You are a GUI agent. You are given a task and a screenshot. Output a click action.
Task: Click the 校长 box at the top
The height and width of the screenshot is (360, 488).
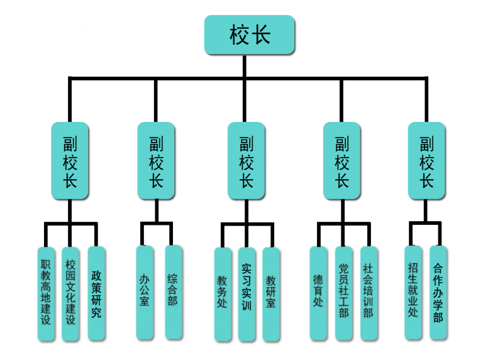click(250, 35)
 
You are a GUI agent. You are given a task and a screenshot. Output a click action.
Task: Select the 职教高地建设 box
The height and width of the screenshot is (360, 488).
click(45, 293)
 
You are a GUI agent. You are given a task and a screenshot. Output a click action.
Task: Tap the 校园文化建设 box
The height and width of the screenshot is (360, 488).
click(70, 293)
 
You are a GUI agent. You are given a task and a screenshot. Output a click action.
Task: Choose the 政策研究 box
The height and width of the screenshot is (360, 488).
click(96, 293)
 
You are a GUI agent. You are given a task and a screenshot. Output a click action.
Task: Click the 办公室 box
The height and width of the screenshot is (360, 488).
click(145, 292)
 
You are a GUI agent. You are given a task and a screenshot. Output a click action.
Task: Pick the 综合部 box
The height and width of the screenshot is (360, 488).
click(173, 292)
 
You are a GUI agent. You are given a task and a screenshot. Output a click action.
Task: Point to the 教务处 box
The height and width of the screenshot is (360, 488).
click(222, 294)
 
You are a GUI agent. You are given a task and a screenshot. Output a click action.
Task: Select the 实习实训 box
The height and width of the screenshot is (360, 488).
click(247, 294)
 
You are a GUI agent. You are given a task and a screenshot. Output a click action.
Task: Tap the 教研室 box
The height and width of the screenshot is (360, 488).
click(271, 294)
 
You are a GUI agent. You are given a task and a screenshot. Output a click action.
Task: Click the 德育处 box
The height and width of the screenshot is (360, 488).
click(318, 293)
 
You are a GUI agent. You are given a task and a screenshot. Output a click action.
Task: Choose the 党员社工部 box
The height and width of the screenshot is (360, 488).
click(343, 293)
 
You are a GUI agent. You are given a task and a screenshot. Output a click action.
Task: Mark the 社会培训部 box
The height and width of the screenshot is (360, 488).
click(369, 293)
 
